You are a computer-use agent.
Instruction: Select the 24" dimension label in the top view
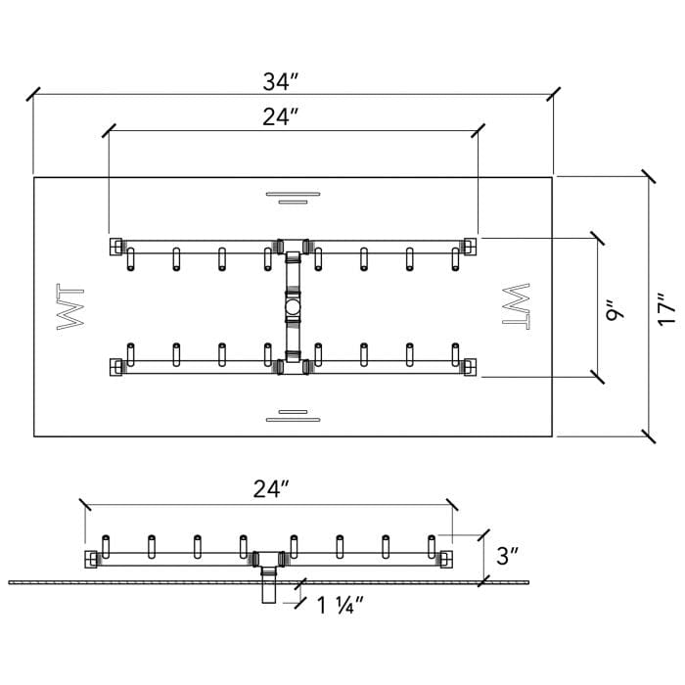pyautogui.click(x=280, y=116)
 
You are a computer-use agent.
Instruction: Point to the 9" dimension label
pyautogui.click(x=615, y=311)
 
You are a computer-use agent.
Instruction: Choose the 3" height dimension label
pyautogui.click(x=507, y=557)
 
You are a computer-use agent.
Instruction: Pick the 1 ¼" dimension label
pyautogui.click(x=340, y=605)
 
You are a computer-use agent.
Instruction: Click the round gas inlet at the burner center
pyautogui.click(x=293, y=310)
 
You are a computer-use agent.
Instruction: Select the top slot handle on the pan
pyautogui.click(x=293, y=198)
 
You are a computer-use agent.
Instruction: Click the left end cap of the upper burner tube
pyautogui.click(x=116, y=244)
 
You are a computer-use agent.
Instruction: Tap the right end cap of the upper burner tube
pyautogui.click(x=471, y=244)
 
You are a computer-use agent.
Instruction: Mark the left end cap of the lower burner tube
pyautogui.click(x=116, y=367)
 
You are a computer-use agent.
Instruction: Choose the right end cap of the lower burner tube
pyautogui.click(x=471, y=367)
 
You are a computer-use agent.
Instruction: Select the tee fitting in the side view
pyautogui.click(x=267, y=561)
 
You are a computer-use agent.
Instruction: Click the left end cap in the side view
pyautogui.click(x=92, y=559)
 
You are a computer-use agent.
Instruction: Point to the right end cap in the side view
pyautogui.click(x=445, y=559)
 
